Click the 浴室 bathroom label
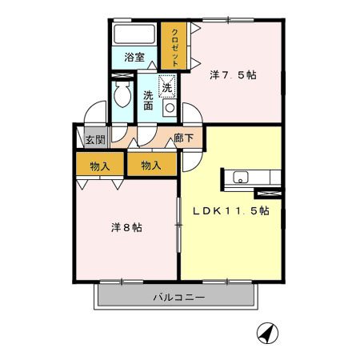coord(134,58)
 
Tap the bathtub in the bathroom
coord(134,34)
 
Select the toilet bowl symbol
coord(122,94)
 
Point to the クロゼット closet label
coord(174,47)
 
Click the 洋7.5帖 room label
coord(233,75)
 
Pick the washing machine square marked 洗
coord(167,86)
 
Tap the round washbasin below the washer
coord(170,108)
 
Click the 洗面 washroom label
coord(148,100)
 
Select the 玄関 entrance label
coord(95,139)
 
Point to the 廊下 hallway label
coord(183,138)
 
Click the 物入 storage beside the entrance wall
coord(100,166)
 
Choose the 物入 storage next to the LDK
coord(151,166)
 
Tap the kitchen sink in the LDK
coord(241,177)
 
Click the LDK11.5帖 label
coord(231,211)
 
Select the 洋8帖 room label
coord(126,227)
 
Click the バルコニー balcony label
coord(179,297)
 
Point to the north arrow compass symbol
coord(267,333)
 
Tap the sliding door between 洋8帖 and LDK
coord(178,226)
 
